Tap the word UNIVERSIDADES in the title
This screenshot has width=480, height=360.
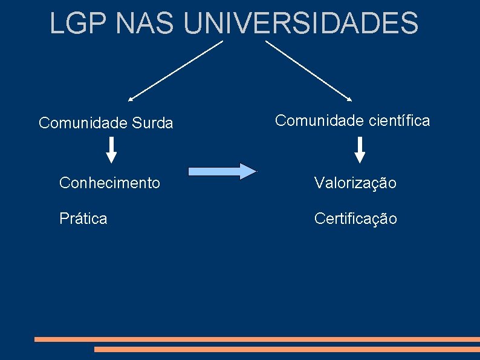pyautogui.click(x=300, y=24)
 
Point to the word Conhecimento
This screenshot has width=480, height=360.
pyautogui.click(x=109, y=182)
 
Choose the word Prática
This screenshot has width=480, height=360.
pyautogui.click(x=83, y=218)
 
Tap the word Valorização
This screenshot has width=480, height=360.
pyautogui.click(x=355, y=183)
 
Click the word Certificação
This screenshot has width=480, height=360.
pyautogui.click(x=355, y=218)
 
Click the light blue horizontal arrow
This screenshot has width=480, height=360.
pyautogui.click(x=222, y=171)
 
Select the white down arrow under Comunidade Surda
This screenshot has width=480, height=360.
pyautogui.click(x=112, y=150)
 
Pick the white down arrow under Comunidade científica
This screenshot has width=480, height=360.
pyautogui.click(x=360, y=150)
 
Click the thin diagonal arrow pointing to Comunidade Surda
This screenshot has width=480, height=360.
pyautogui.click(x=175, y=70)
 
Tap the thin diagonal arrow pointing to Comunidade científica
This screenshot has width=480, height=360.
pyautogui.click(x=308, y=70)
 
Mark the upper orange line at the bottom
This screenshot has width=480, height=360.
pyautogui.click(x=257, y=339)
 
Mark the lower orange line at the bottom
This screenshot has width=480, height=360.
pyautogui.click(x=287, y=349)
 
